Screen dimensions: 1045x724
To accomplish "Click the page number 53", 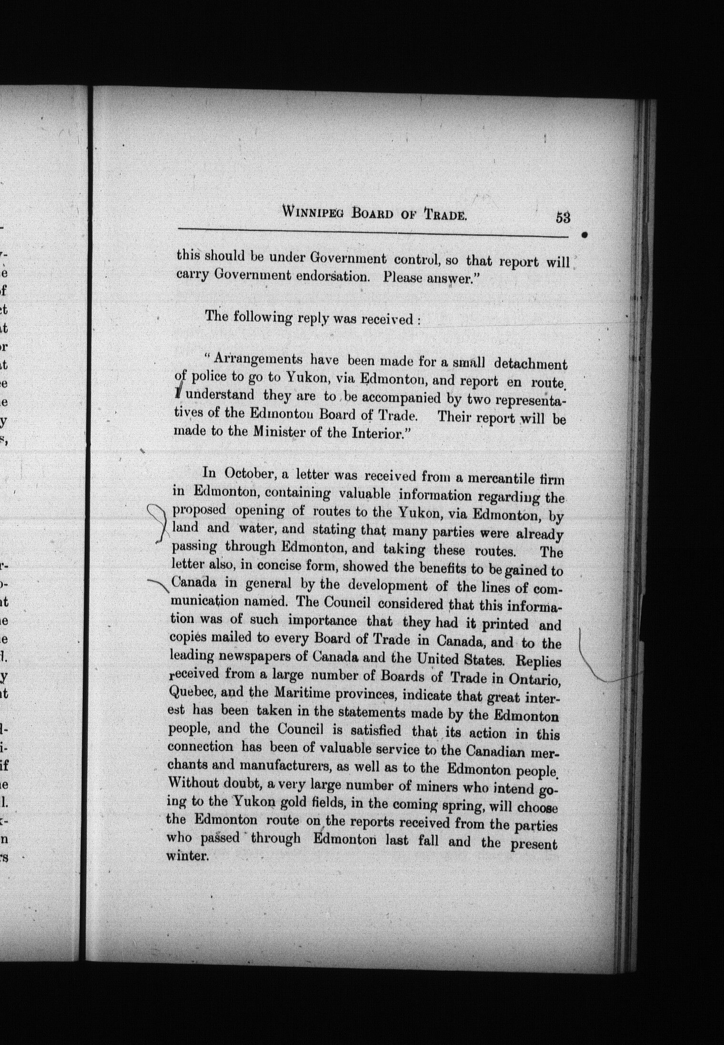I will [x=563, y=218].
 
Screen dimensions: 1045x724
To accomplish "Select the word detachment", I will [x=530, y=364].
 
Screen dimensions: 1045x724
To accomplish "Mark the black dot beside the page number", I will [x=585, y=235].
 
